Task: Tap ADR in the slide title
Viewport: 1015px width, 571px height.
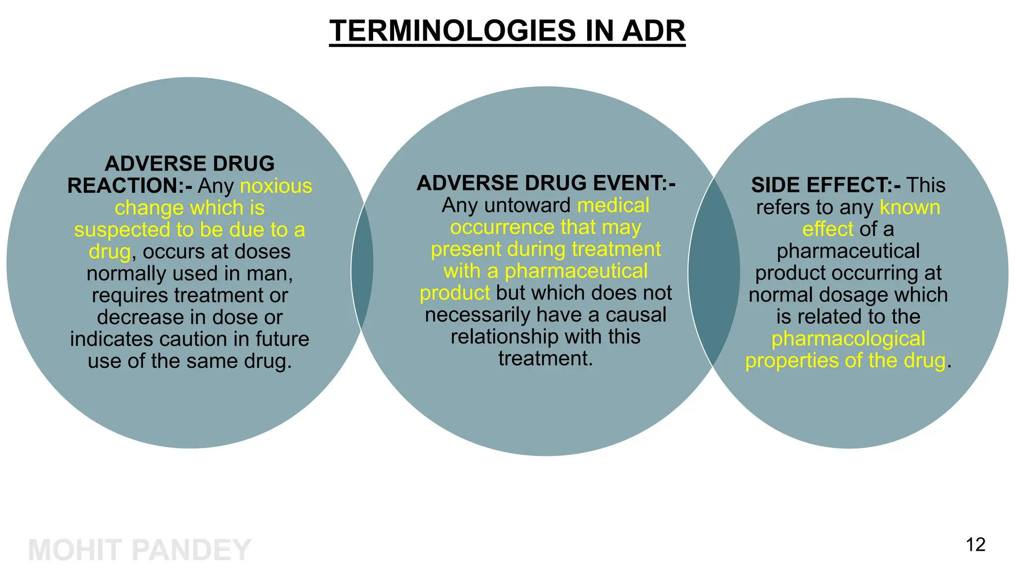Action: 654,31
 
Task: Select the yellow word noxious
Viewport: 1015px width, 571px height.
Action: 276,186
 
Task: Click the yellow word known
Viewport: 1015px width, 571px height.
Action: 910,207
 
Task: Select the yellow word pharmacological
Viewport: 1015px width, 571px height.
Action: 848,339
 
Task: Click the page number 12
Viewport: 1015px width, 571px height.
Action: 975,545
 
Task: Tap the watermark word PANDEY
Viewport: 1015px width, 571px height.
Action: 192,550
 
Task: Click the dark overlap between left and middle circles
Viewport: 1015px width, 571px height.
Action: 362,268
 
